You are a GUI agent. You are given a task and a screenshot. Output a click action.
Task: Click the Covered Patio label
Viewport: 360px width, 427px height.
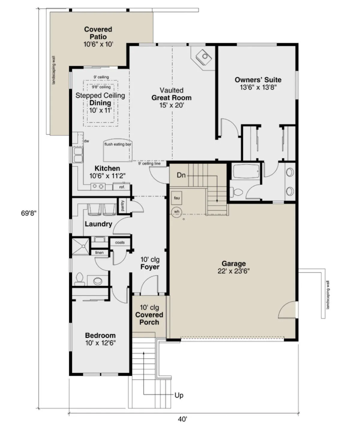[98, 33]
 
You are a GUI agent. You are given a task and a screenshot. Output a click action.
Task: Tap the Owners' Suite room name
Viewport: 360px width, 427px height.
[258, 80]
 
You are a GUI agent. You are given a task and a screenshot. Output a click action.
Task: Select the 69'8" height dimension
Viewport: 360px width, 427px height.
[29, 213]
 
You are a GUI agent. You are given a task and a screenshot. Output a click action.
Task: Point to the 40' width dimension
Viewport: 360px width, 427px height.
[182, 419]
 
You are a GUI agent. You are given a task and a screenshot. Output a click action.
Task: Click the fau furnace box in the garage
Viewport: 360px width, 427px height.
[177, 198]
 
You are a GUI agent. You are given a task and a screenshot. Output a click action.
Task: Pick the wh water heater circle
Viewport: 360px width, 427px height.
[176, 212]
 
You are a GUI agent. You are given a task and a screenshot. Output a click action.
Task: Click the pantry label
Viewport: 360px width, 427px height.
[123, 205]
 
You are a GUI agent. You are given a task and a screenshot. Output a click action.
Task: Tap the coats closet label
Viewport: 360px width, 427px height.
[120, 242]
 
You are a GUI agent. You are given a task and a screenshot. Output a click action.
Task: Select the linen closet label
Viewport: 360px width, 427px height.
[100, 253]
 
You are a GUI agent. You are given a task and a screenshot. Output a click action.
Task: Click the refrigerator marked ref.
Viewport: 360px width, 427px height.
[121, 187]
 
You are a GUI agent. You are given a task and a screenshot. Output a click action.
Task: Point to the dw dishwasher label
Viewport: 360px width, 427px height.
[86, 141]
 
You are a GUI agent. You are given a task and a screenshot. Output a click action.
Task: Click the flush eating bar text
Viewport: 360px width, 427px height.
[118, 144]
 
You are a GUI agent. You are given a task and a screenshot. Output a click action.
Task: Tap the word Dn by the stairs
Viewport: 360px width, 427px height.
[181, 175]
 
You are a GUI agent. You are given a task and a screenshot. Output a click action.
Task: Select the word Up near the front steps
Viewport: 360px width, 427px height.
[179, 395]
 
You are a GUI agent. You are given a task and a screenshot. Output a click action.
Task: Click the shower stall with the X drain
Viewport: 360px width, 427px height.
[81, 246]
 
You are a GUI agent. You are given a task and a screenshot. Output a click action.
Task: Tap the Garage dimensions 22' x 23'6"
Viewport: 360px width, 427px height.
[234, 271]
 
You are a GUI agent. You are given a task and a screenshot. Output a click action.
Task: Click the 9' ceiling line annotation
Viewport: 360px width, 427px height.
[149, 164]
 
